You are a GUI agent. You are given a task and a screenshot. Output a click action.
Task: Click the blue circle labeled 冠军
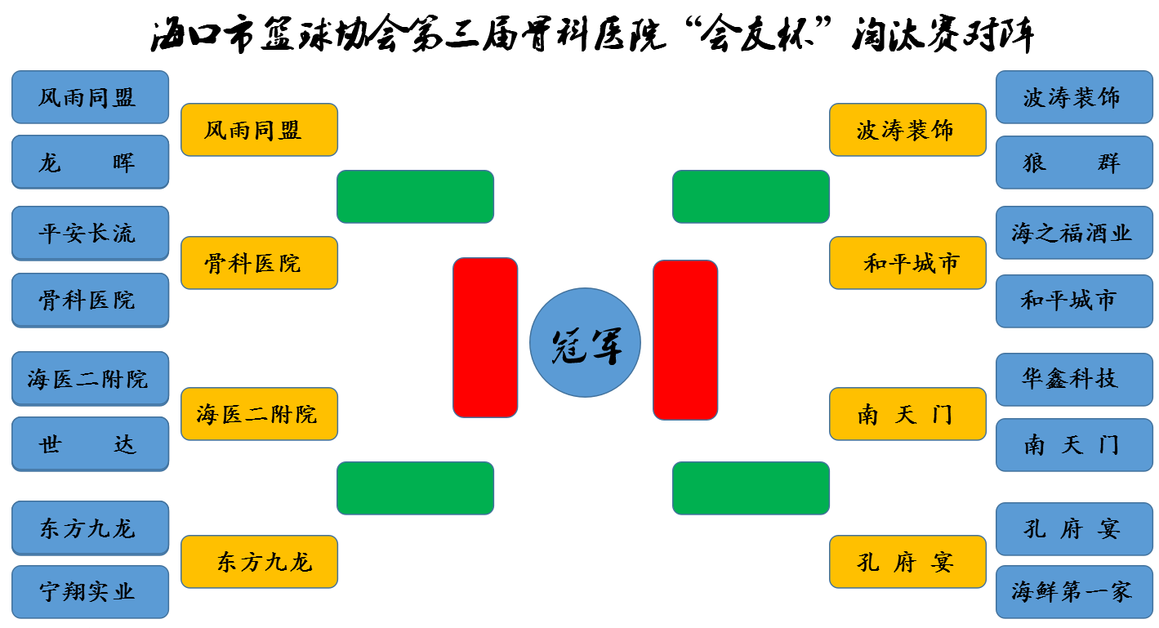585,342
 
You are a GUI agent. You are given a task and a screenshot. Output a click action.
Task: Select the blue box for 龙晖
90,162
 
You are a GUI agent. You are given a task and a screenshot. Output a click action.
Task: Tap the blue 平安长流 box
90,233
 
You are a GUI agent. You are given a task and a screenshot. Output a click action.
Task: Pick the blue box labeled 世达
90,443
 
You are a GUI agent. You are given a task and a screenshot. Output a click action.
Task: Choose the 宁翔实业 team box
90,592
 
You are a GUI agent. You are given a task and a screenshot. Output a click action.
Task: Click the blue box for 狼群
1074,163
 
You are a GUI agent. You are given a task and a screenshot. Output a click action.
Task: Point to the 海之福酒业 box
1074,233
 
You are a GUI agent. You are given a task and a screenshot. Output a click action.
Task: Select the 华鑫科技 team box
1074,379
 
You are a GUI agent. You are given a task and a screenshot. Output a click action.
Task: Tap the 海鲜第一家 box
1074,592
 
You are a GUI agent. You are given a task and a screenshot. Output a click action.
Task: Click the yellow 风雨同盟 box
259,130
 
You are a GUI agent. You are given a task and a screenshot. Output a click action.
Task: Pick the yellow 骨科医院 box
259,263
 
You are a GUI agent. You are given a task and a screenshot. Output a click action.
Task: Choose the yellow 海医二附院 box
259,414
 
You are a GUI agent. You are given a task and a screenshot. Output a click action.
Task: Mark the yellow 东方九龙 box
259,562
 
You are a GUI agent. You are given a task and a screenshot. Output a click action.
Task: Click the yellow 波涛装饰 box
907,130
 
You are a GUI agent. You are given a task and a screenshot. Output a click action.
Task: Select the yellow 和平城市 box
907,263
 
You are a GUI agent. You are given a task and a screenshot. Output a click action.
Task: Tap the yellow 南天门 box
907,414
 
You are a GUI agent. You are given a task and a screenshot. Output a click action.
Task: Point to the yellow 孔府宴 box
907,562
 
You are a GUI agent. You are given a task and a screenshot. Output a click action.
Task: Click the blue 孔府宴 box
1074,528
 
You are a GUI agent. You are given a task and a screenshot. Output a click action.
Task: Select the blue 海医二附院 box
90,379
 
